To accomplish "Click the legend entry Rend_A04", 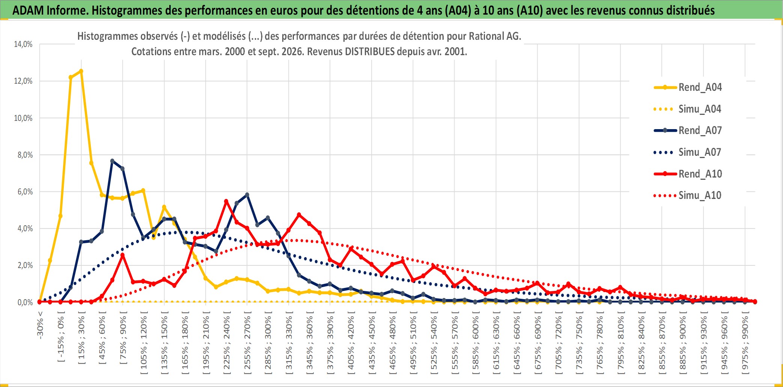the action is (688, 87).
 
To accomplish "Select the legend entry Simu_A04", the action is (688, 109).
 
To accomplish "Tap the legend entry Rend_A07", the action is (688, 131).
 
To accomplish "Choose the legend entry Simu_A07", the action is (688, 152).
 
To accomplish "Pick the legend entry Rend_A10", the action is (688, 174).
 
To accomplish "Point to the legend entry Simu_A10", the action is (688, 196).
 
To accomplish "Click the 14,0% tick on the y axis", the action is (23, 44).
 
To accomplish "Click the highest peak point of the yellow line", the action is (81, 71).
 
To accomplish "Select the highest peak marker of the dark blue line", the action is (112, 161).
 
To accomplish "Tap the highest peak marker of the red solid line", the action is (226, 201).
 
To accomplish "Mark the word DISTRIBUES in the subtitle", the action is (370, 51).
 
